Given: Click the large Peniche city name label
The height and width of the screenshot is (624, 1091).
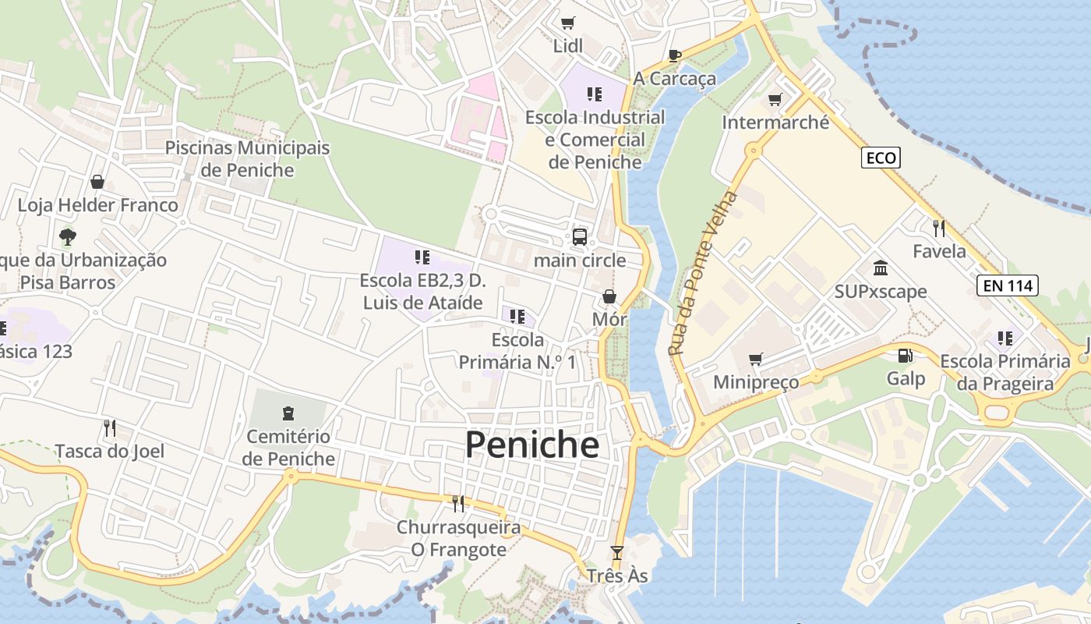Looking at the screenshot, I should tap(532, 445).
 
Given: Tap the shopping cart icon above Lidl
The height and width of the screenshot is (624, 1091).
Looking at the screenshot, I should tap(567, 23).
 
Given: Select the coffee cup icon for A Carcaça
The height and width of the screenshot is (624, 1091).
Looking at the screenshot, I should tap(675, 55).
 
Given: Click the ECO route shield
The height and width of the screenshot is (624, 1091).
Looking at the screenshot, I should tap(881, 158).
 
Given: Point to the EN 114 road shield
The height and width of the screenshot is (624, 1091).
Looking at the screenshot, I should tap(1008, 285).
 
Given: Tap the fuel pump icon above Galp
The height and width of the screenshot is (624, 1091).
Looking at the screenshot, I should tap(905, 356).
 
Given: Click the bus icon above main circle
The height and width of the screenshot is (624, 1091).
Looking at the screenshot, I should tap(579, 237).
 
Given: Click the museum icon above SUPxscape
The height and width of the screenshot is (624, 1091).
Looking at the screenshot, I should tap(881, 268).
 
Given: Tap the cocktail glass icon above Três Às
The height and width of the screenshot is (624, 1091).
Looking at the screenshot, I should tap(617, 553).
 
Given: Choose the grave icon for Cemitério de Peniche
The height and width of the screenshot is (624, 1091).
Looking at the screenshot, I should tap(288, 413).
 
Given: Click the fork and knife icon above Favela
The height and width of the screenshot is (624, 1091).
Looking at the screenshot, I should tap(939, 228).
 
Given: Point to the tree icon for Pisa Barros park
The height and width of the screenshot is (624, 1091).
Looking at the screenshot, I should tap(68, 236).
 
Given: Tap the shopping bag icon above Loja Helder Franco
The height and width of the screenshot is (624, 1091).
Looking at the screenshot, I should tap(97, 182).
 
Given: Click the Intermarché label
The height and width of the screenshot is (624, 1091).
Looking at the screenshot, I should tap(775, 122).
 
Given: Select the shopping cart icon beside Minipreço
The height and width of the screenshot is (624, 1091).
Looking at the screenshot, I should tap(754, 359).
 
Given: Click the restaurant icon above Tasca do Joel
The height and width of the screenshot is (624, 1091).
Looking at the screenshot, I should tap(110, 427).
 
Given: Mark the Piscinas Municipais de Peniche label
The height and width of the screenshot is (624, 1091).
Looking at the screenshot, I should tap(247, 158).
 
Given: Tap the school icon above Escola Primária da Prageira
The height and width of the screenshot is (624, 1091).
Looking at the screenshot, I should tap(1005, 339).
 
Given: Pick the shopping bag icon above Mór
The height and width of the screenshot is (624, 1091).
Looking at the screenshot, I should tap(609, 296).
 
